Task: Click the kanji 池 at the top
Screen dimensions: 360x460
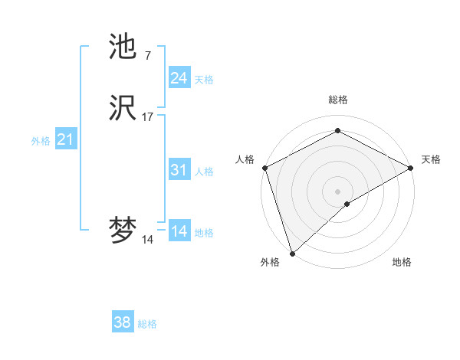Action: tap(123, 47)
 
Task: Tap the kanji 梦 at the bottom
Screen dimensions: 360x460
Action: tap(123, 231)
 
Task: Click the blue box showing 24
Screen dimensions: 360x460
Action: tap(179, 77)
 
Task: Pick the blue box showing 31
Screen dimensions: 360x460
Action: tap(179, 170)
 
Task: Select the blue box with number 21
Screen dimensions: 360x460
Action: tap(65, 139)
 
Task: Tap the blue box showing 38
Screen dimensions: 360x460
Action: tap(122, 322)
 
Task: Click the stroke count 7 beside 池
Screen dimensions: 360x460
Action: tap(147, 56)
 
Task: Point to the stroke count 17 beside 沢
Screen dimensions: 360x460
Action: tap(147, 117)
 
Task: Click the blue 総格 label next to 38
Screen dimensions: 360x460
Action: tap(147, 324)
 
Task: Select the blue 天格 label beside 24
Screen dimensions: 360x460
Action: tap(204, 79)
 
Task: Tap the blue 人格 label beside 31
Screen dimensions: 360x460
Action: tap(204, 172)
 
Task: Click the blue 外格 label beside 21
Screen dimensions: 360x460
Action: tap(41, 141)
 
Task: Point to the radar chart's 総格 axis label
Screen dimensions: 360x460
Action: tap(338, 100)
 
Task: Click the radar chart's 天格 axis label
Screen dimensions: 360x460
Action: tap(431, 159)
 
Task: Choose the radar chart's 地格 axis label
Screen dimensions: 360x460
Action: tap(402, 263)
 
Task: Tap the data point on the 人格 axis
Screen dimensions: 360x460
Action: tap(264, 167)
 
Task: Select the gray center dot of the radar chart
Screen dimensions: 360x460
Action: tap(337, 191)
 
